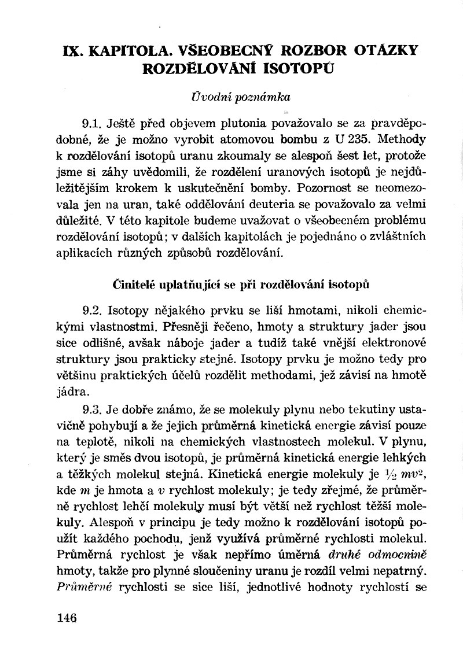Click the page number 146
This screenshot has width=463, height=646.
point(67,617)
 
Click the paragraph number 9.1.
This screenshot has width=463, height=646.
point(93,125)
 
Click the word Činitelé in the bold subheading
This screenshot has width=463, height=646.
point(131,285)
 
